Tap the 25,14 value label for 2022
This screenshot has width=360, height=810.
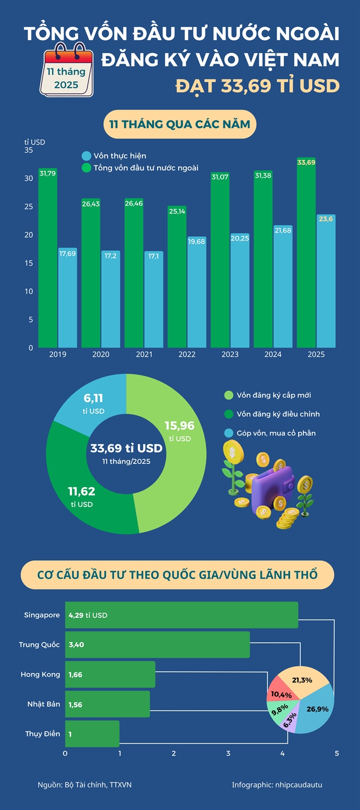coord(177,211)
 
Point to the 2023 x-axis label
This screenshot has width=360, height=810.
coord(230,354)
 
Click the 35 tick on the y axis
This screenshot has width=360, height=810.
coord(29,150)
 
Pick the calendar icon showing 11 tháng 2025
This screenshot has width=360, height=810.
coord(67,72)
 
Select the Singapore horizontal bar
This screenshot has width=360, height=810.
coord(181,615)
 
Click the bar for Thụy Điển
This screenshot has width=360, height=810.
coord(92,734)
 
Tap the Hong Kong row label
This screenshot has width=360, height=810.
coord(40,674)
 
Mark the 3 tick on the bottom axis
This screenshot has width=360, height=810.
coord(228,753)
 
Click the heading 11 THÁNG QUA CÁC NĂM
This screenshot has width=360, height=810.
coord(180,125)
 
